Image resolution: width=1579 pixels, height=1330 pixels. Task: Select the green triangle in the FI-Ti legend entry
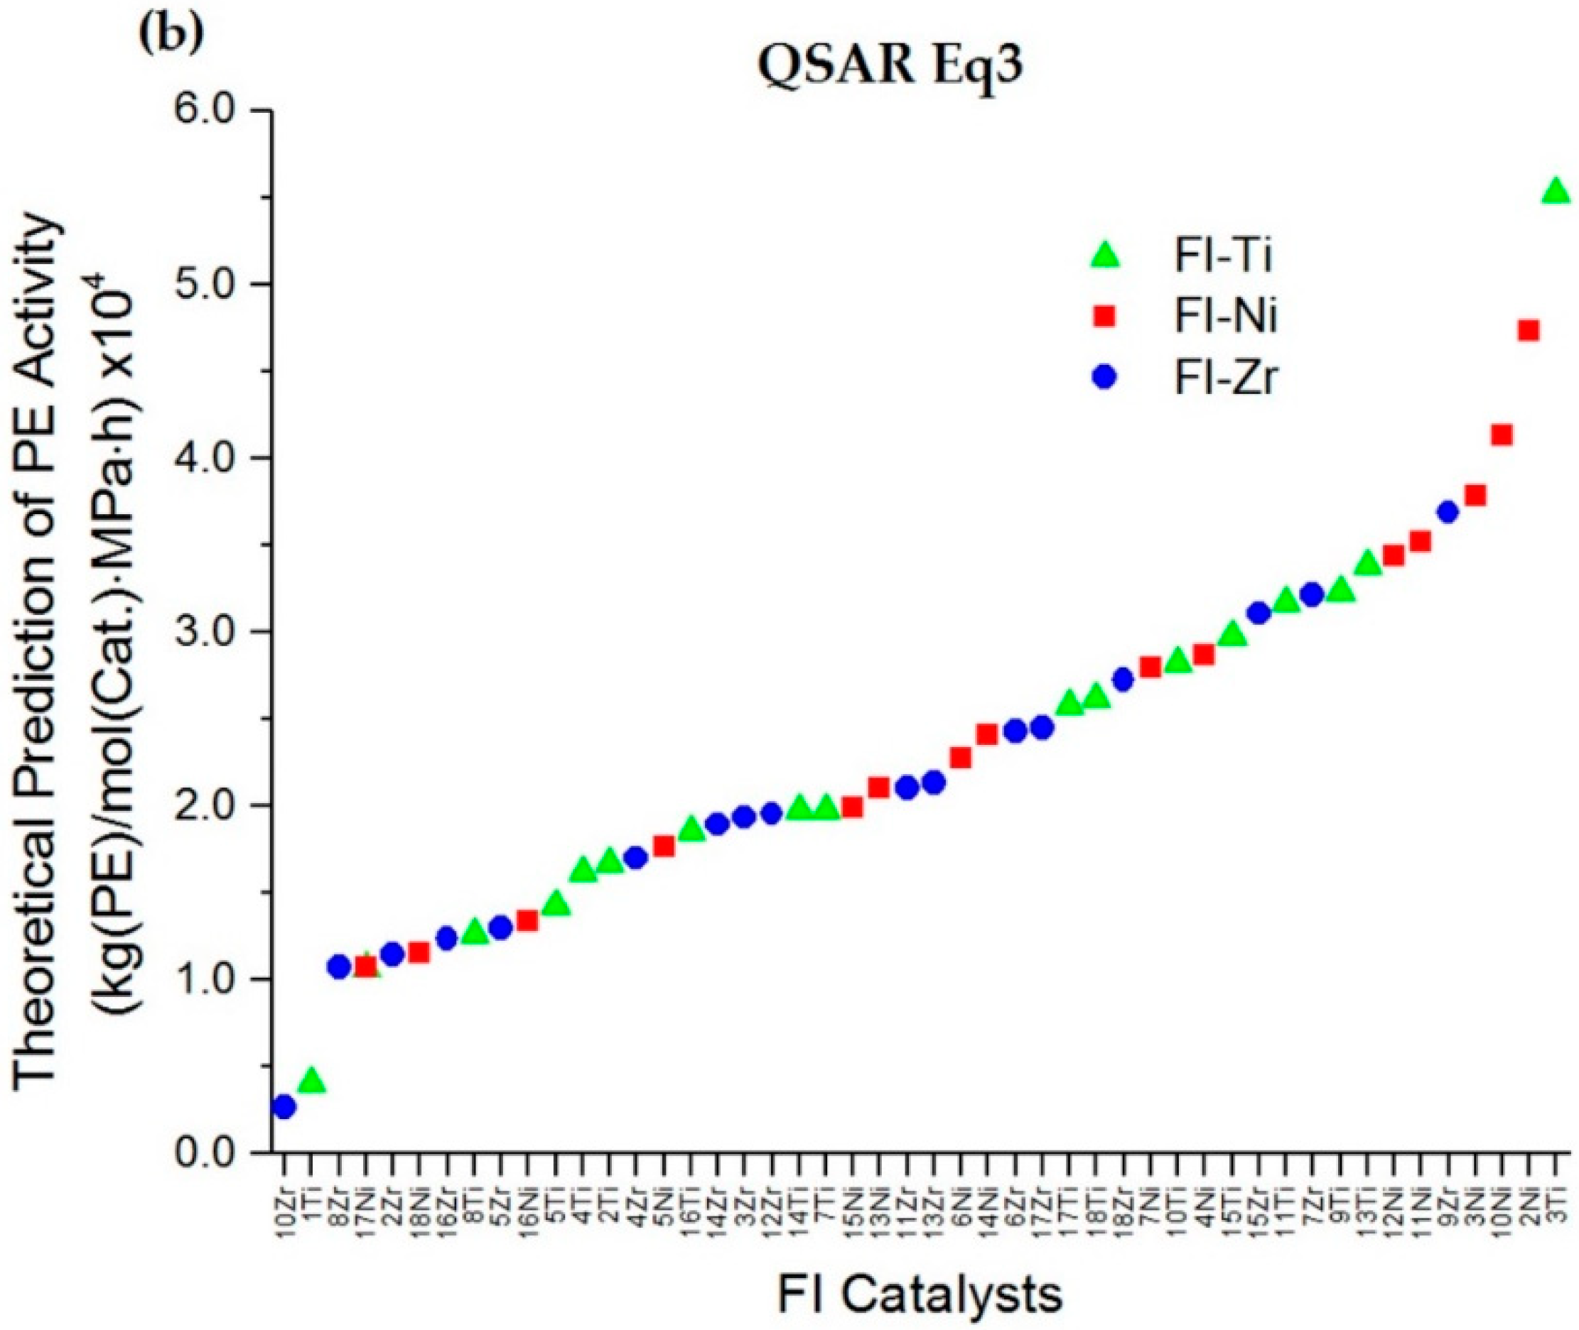[x=1105, y=256]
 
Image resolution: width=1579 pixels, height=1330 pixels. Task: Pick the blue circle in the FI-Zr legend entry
[x=1105, y=378]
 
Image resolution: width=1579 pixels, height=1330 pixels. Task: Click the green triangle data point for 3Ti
[x=1556, y=193]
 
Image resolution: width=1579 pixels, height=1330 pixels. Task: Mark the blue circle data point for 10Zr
[x=284, y=1107]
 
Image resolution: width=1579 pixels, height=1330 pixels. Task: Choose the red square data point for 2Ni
[x=1529, y=330]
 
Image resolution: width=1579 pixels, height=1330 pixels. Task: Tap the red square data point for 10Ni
[x=1502, y=435]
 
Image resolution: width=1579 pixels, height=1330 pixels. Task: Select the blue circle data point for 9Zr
[x=1447, y=512]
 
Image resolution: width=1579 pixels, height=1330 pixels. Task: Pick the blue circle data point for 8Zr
[x=339, y=966]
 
